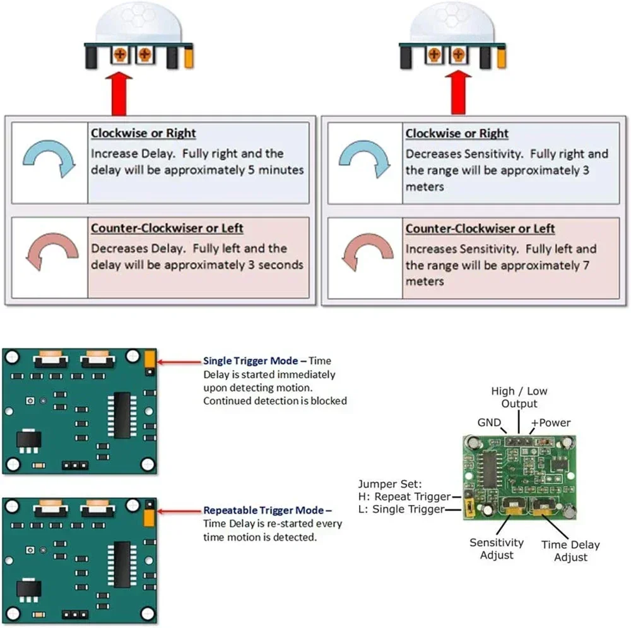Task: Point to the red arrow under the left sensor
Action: [x=121, y=93]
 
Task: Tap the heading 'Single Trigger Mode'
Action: [x=251, y=361]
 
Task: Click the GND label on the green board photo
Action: [x=489, y=423]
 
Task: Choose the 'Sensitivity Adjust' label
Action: [x=497, y=548]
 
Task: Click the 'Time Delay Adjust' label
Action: [x=570, y=550]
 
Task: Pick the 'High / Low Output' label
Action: [x=519, y=398]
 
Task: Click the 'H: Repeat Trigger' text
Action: [x=404, y=497]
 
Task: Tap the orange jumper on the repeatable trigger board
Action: [x=150, y=518]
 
